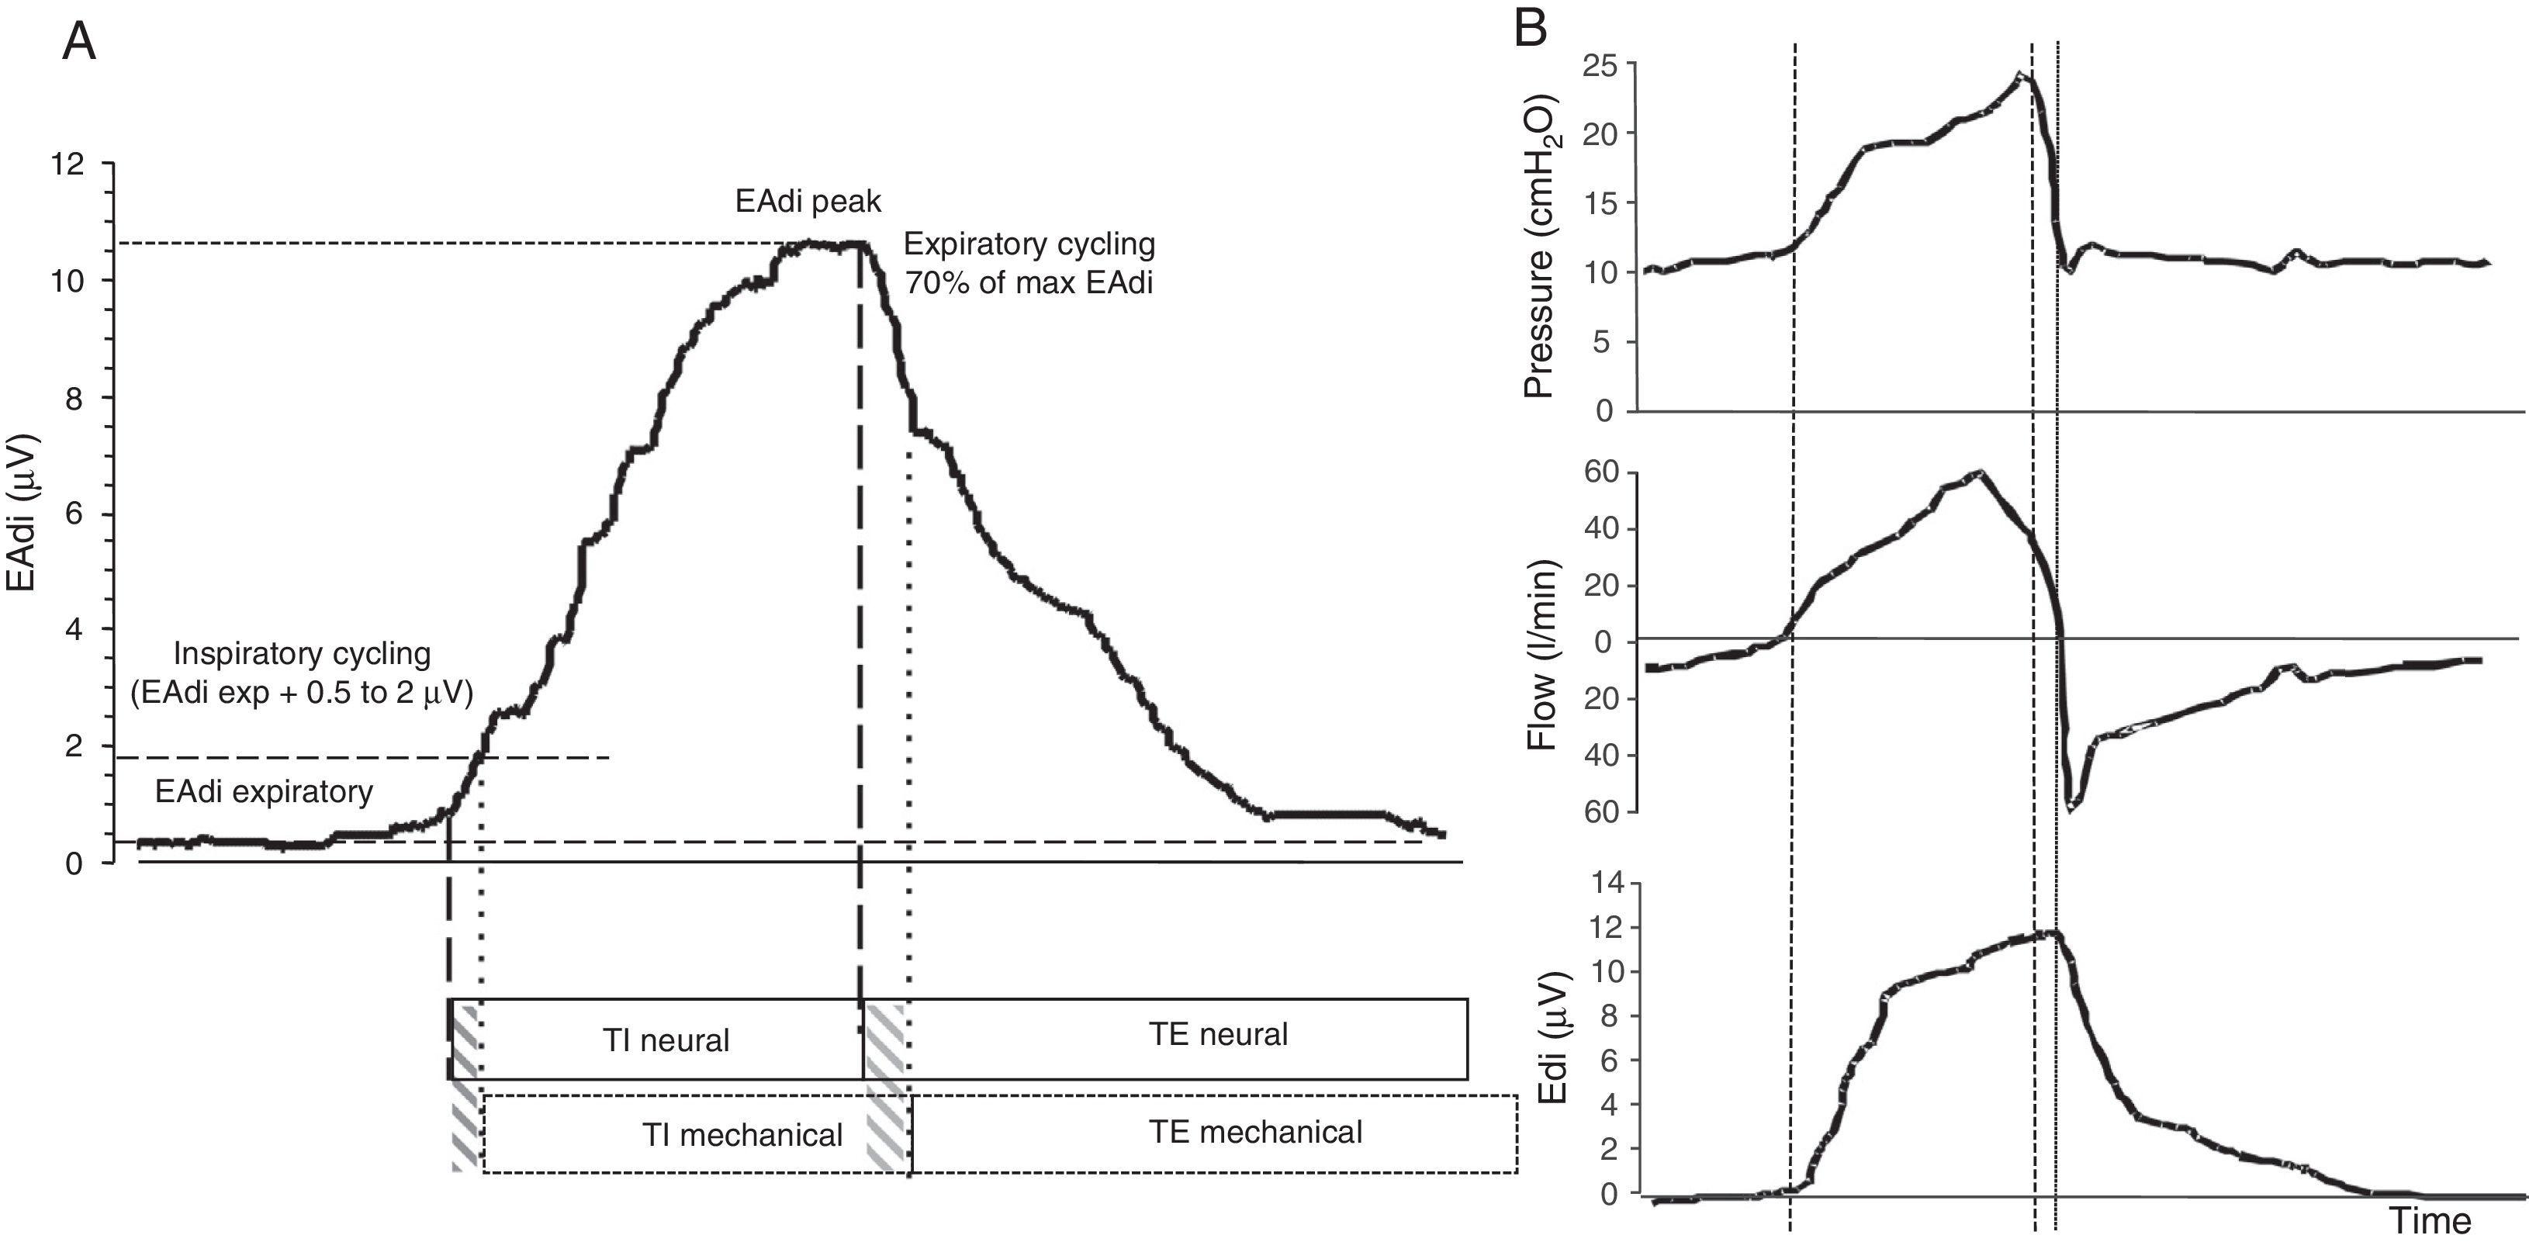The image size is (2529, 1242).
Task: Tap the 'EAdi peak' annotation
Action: point(808,201)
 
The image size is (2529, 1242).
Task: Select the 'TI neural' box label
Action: point(666,1040)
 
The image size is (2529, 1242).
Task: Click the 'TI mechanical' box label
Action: point(742,1135)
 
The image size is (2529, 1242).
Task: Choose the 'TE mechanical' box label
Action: point(1256,1132)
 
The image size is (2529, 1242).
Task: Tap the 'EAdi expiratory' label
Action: point(263,791)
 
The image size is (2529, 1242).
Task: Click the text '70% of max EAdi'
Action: point(1028,284)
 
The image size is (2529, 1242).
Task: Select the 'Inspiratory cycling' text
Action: point(302,653)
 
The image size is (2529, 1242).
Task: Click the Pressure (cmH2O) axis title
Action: point(1538,245)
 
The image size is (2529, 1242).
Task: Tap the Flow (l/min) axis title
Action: point(1542,655)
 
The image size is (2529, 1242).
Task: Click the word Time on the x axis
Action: point(2430,1220)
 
